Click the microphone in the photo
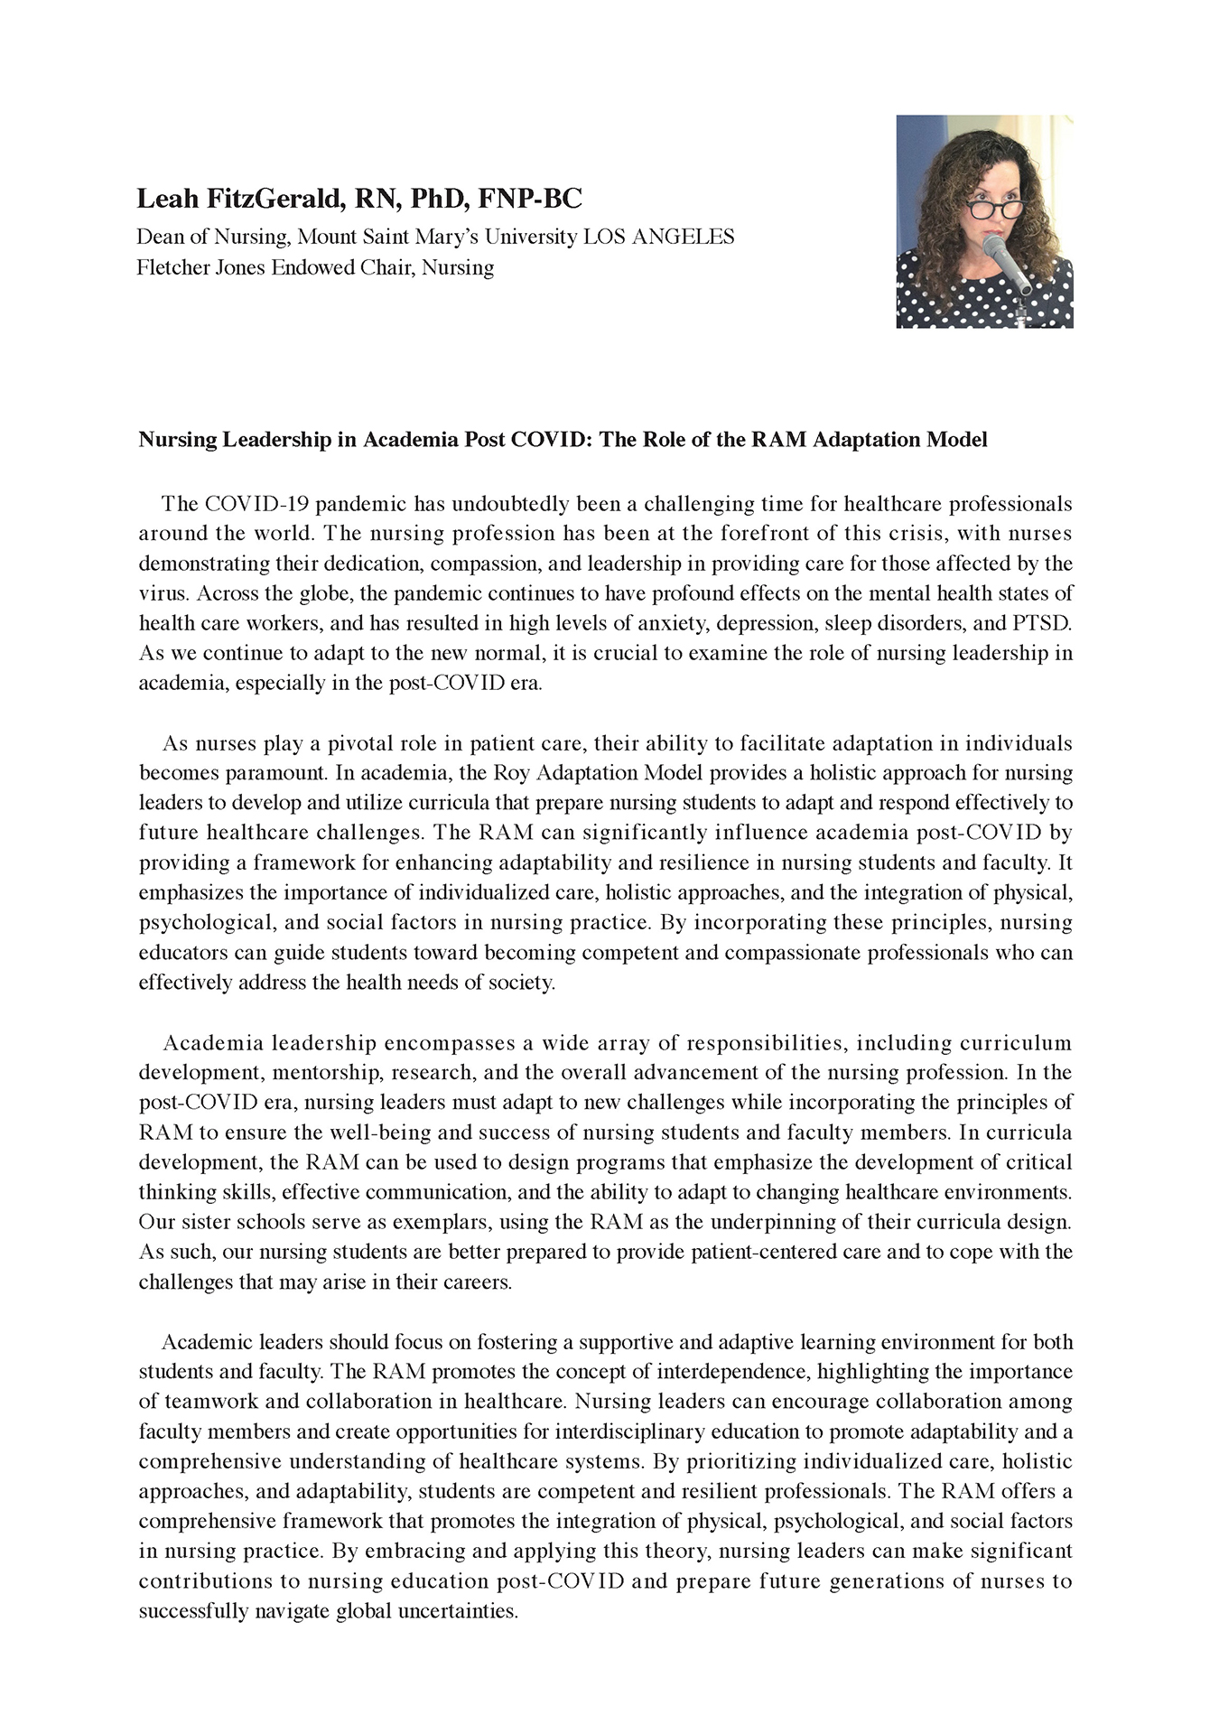pyautogui.click(x=1006, y=262)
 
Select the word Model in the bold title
pyautogui.click(x=959, y=440)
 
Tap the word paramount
pyautogui.click(x=279, y=774)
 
